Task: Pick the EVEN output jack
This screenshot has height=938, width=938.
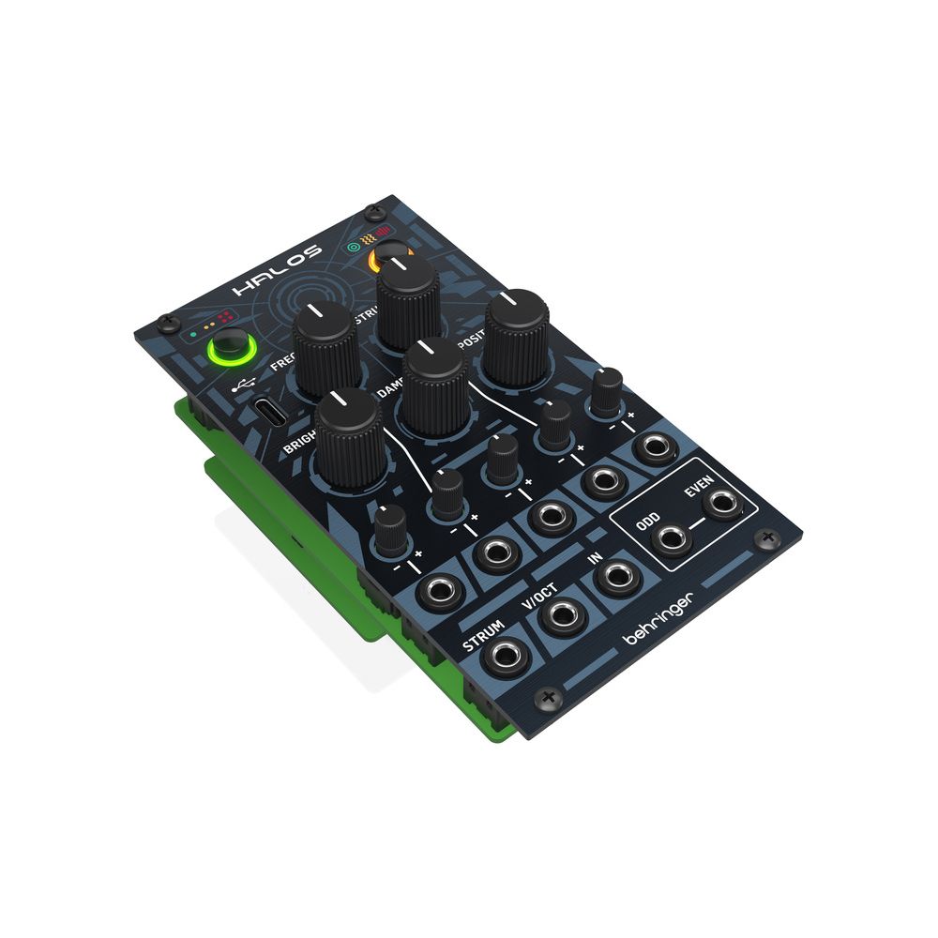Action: [x=722, y=504]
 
